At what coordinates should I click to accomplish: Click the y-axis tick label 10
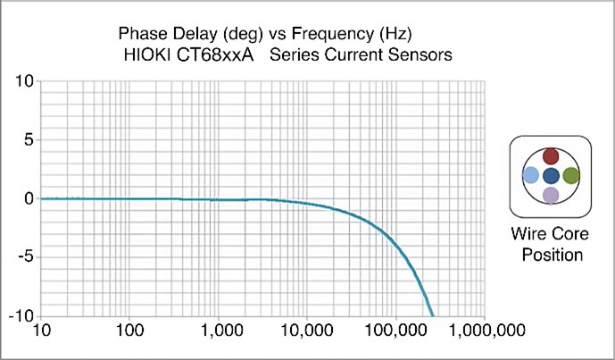coord(24,81)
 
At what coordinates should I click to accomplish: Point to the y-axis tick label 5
coord(29,140)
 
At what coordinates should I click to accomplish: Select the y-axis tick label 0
coord(29,199)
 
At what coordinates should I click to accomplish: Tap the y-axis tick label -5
coord(26,258)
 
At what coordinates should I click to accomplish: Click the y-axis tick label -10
coord(21,317)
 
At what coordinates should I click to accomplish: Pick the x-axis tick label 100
coord(129,331)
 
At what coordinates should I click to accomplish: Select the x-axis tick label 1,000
coord(218,331)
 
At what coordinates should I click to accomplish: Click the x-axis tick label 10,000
coord(307,331)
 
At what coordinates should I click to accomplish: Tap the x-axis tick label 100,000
coord(395,331)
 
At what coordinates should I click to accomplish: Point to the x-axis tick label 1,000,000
coord(486,331)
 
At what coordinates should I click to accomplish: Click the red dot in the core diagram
coord(551,155)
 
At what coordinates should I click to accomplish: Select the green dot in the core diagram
coord(571,175)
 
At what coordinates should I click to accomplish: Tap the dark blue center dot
coord(551,176)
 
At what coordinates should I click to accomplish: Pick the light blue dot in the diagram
coord(531,175)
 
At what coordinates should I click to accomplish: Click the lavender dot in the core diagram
coord(551,195)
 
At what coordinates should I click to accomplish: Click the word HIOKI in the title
coord(146,55)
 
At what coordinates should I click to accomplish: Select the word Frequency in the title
coord(332,34)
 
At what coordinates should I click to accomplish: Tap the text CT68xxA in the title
coord(215,55)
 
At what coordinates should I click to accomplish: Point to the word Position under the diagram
coord(552,255)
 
